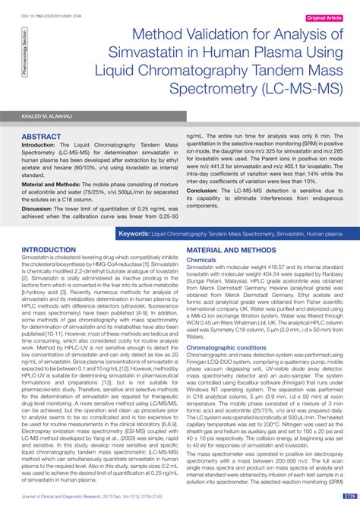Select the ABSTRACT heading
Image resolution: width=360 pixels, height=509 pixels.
tap(43, 137)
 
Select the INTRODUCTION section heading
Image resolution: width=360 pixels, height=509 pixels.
tap(54, 249)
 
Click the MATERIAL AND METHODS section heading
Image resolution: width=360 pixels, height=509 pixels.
tap(232, 249)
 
